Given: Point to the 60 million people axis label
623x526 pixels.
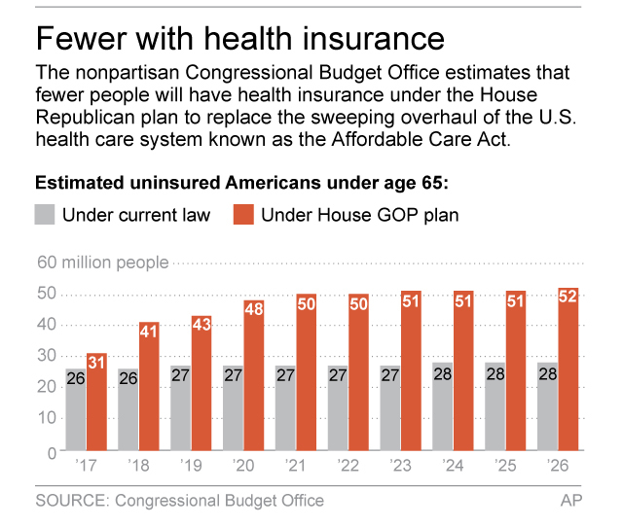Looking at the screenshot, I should [102, 263].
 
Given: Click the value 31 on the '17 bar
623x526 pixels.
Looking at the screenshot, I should [96, 364].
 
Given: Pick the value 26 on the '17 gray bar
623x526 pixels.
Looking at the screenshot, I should [76, 379].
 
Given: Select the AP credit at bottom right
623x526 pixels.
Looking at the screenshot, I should [571, 501].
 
